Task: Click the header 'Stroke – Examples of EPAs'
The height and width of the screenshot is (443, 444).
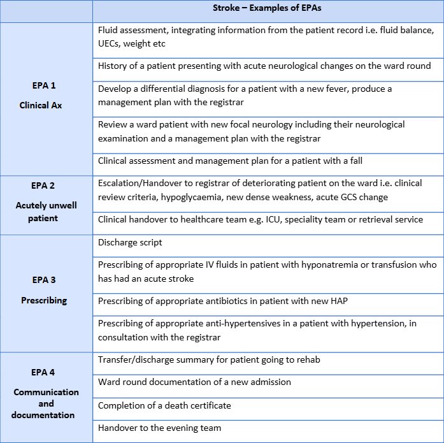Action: click(268, 8)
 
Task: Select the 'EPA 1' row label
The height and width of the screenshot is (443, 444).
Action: click(44, 85)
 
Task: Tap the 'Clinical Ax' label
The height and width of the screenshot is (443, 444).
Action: click(44, 105)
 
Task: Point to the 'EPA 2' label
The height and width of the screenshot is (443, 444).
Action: click(44, 185)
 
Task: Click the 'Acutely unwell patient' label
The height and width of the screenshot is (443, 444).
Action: click(44, 212)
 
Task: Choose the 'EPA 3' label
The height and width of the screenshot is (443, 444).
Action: click(44, 280)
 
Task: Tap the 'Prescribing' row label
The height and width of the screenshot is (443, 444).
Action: click(44, 300)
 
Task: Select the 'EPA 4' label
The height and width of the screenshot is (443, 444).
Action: click(44, 372)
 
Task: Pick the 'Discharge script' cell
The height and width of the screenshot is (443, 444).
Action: click(131, 243)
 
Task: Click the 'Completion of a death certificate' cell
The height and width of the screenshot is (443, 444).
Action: click(164, 405)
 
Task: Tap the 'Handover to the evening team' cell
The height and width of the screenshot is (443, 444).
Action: click(159, 428)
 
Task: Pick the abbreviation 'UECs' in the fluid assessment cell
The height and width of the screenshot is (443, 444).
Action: click(110, 43)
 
